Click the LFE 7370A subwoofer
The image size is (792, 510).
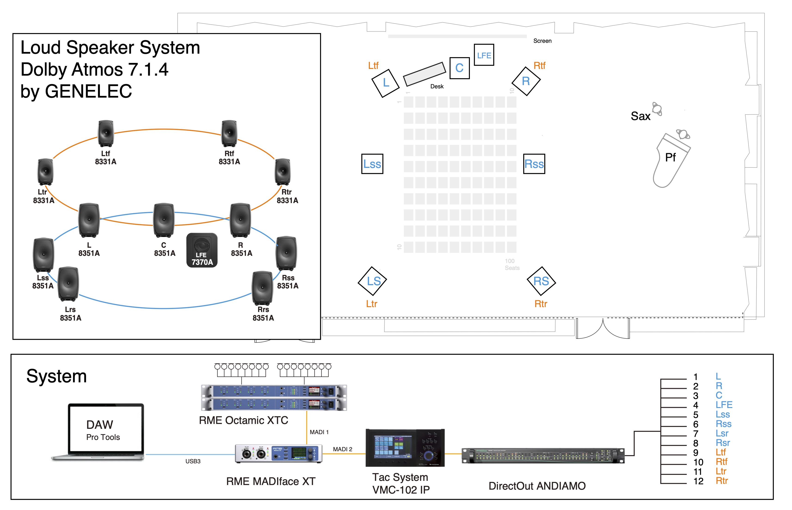[x=202, y=250]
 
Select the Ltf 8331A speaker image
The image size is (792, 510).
[x=106, y=133]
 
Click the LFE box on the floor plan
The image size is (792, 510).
[x=484, y=55]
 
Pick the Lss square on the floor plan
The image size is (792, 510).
[x=372, y=164]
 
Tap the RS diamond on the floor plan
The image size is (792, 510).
[x=541, y=281]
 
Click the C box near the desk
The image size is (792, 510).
[x=459, y=68]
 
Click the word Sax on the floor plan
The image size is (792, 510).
[x=640, y=116]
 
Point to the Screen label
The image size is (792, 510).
[x=542, y=41]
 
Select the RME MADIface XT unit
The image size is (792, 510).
[x=278, y=453]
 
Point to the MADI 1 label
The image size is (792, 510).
[x=319, y=432]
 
